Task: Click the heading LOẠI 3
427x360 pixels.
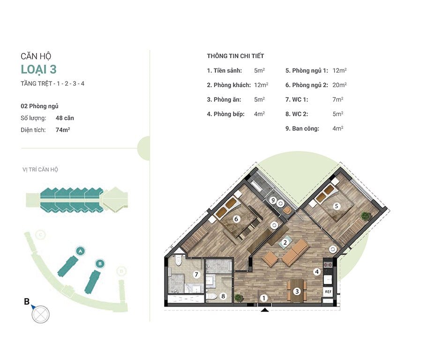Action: [39, 69]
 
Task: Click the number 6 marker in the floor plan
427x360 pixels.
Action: [236, 218]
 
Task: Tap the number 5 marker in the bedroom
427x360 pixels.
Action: [337, 206]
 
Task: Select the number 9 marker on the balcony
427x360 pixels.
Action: [273, 201]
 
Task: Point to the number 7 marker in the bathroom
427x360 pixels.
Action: [196, 275]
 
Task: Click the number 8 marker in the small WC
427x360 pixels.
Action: [223, 296]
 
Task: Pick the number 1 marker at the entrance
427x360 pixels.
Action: [263, 298]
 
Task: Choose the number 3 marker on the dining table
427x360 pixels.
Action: [297, 292]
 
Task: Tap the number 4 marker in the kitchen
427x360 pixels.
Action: [317, 271]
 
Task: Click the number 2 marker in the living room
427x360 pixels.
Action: [285, 242]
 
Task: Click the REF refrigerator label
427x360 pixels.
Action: [328, 292]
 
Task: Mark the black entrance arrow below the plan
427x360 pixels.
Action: [265, 310]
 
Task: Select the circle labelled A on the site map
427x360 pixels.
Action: [80, 251]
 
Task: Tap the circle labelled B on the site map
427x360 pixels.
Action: [100, 263]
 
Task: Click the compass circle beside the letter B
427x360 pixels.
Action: [41, 315]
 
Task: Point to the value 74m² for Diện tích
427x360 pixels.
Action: [63, 130]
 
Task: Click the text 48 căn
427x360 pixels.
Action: [65, 118]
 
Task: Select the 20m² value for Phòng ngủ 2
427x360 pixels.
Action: [340, 85]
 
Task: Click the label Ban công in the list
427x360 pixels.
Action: [306, 128]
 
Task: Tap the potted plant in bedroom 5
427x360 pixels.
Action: [366, 216]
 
